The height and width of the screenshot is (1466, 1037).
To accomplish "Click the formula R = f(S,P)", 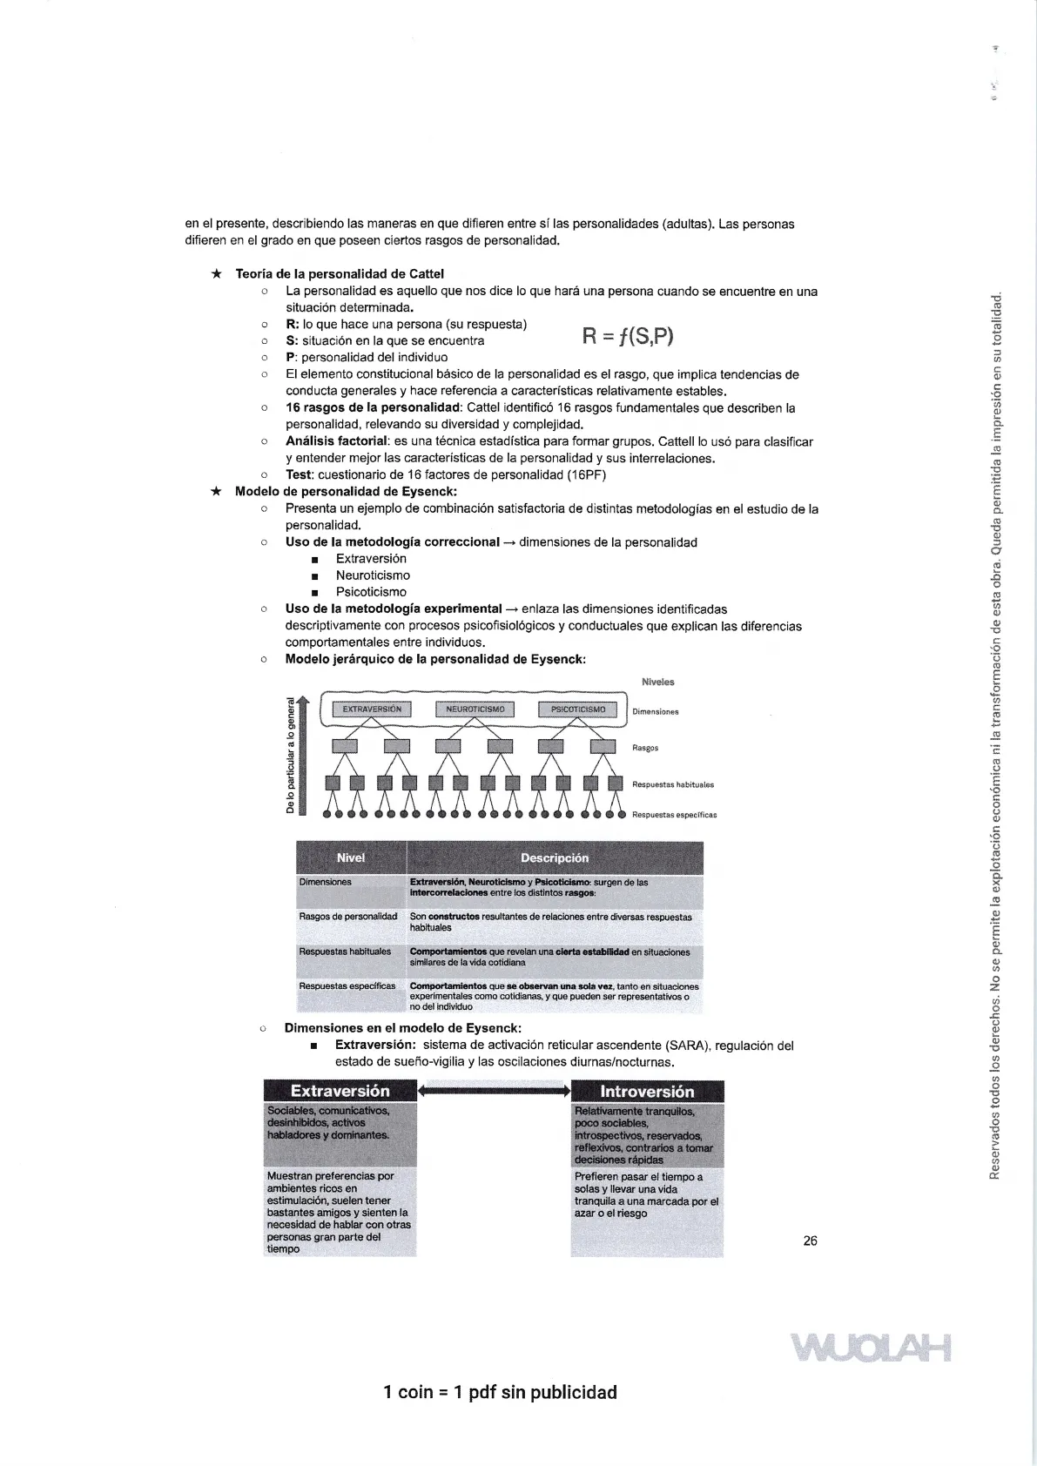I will click(627, 336).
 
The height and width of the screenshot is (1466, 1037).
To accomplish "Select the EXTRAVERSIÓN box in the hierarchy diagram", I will click(372, 709).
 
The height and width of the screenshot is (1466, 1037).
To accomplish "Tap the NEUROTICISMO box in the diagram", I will click(475, 709).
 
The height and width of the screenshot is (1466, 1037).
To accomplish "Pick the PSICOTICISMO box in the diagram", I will click(578, 709).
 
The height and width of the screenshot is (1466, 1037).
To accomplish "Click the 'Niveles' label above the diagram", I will click(657, 683).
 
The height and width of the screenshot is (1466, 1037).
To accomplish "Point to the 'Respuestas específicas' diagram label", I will click(674, 816).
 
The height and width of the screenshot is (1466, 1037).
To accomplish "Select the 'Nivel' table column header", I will click(351, 857).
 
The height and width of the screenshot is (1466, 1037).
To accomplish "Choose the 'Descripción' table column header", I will click(555, 857).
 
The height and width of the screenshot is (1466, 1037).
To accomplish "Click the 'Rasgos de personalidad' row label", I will click(348, 917).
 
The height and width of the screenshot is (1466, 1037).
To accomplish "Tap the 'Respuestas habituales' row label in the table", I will click(345, 952).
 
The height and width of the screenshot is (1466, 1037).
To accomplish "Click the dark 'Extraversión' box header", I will click(340, 1091).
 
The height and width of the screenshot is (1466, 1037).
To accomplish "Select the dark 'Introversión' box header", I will click(647, 1092).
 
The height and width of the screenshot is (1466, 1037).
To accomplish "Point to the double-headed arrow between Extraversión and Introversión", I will click(494, 1090).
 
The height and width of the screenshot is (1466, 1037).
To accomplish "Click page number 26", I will click(810, 1241).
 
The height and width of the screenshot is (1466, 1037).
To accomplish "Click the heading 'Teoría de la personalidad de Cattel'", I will click(340, 274).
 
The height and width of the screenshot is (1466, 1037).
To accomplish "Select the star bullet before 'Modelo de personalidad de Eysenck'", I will click(217, 492).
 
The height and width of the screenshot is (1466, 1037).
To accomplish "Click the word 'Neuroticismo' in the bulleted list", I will click(373, 575).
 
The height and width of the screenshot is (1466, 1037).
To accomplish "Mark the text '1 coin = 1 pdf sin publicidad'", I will click(500, 1392).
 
